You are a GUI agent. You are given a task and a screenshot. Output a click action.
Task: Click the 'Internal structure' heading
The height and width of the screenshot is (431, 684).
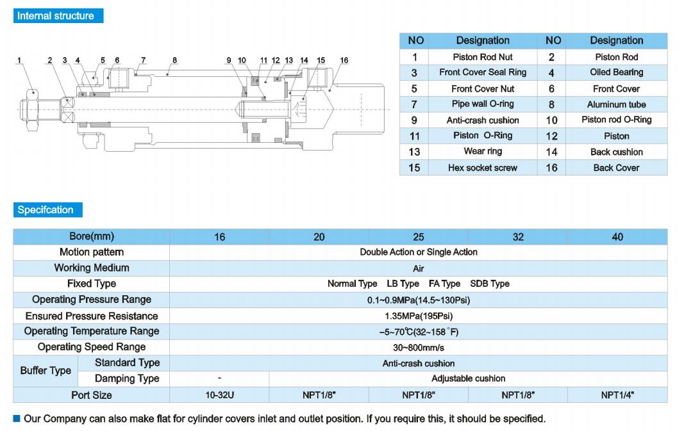point(56,16)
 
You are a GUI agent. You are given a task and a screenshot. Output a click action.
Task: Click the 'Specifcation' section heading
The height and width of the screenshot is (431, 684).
point(46,210)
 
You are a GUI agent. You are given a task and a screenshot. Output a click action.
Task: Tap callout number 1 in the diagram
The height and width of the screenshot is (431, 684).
point(19,61)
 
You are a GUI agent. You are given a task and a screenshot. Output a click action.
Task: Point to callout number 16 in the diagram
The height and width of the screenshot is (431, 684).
point(344,61)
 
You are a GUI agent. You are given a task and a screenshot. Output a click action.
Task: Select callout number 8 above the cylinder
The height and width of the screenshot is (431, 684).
point(174,61)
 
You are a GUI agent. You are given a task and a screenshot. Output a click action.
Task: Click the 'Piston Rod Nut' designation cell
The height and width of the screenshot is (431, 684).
point(482,57)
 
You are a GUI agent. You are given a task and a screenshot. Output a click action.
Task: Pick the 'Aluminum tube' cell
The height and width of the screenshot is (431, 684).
point(616,104)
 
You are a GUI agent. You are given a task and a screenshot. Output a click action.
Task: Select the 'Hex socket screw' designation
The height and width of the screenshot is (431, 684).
point(482,168)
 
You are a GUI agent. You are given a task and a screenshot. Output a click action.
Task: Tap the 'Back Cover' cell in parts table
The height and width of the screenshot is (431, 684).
point(616,168)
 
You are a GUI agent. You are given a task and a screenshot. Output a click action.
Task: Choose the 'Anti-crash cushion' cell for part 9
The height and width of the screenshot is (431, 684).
point(482,120)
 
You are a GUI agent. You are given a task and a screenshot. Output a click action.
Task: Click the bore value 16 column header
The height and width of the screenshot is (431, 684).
point(219,237)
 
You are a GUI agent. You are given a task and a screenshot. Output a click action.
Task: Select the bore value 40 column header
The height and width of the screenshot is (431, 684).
point(617,237)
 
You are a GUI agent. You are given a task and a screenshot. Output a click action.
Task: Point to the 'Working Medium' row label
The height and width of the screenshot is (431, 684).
point(92,268)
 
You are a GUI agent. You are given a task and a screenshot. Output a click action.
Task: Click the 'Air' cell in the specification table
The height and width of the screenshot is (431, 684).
point(418,268)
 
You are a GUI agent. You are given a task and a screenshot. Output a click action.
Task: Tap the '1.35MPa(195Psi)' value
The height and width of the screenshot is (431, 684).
point(418,316)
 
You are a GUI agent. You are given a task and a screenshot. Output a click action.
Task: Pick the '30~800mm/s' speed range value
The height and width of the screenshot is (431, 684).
point(418,348)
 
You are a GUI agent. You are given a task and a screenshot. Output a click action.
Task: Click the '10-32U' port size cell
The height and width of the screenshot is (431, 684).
point(219,395)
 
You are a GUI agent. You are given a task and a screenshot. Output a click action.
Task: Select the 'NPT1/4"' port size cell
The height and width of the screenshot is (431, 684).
point(617,395)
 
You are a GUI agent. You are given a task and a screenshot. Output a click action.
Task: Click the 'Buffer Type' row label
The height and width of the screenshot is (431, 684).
point(46,371)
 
